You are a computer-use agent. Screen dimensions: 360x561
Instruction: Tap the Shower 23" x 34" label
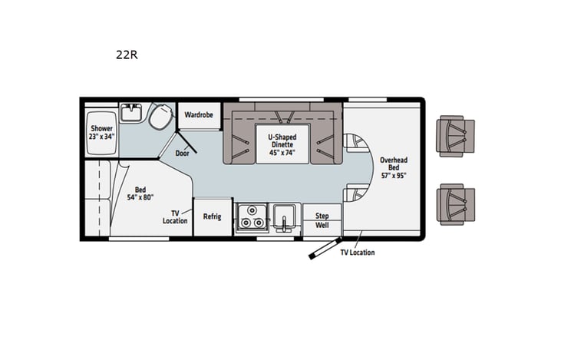pyautogui.click(x=101, y=132)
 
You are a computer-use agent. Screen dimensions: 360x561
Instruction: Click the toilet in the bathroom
pyautogui.click(x=161, y=117)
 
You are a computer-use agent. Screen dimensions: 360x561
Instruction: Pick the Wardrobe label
pyautogui.click(x=200, y=115)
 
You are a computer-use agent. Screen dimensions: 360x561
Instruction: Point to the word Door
pyautogui.click(x=182, y=153)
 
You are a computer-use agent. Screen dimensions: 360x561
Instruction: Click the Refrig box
pyautogui.click(x=212, y=216)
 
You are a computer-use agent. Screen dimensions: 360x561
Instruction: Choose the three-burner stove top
pyautogui.click(x=251, y=218)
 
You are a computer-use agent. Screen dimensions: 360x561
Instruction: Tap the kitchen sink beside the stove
pyautogui.click(x=283, y=219)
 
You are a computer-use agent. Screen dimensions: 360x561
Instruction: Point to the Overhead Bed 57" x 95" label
pyautogui.click(x=393, y=167)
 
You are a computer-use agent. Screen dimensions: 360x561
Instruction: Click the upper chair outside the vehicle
pyautogui.click(x=454, y=137)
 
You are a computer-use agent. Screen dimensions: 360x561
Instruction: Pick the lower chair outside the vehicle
pyautogui.click(x=454, y=204)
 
